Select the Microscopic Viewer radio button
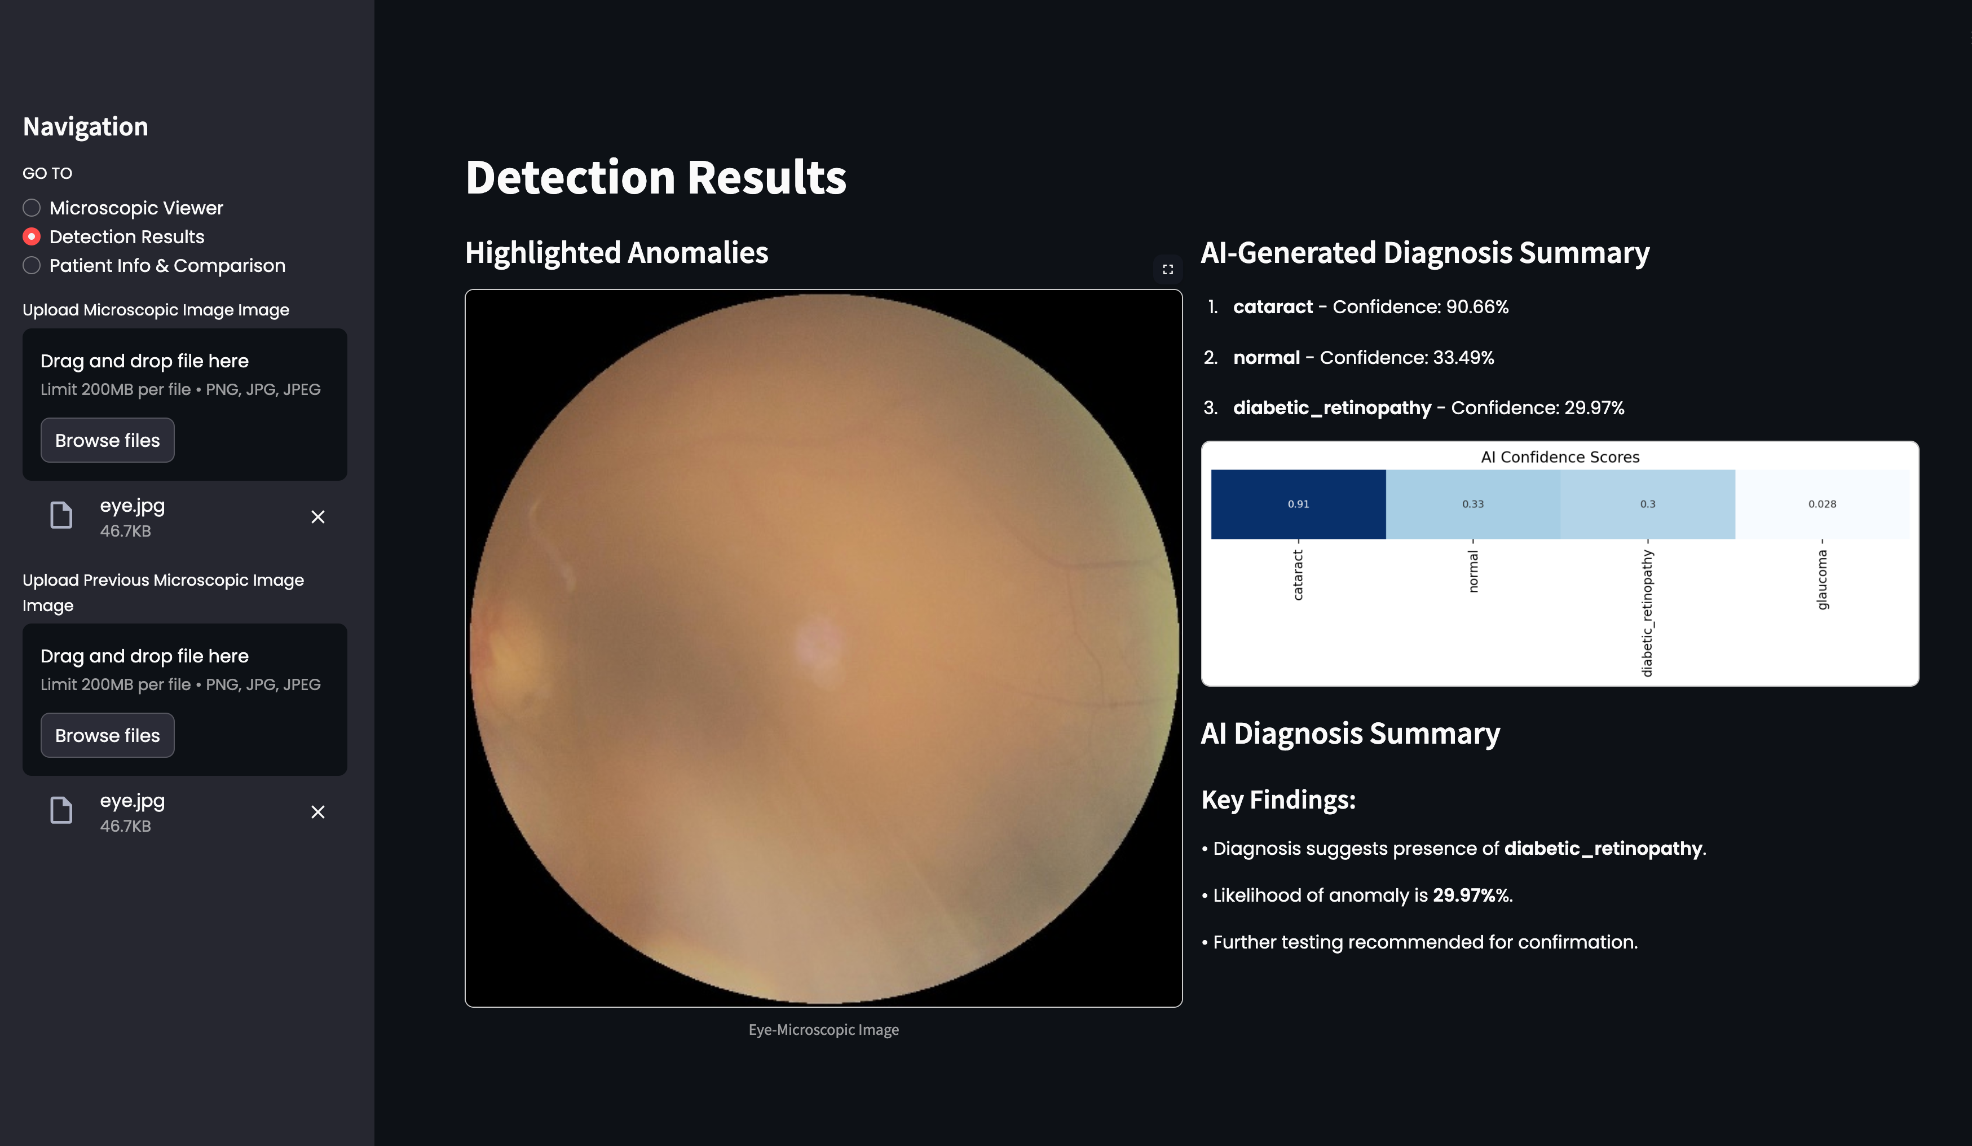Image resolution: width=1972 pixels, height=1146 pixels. coord(32,208)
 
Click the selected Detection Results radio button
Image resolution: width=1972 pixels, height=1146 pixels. coord(32,236)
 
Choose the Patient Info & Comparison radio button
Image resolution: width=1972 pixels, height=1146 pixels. coord(32,265)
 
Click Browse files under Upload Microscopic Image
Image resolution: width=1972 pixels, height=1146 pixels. coord(107,440)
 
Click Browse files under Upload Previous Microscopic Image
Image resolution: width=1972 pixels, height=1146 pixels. coord(107,735)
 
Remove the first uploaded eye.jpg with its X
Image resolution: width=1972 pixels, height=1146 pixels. coord(317,517)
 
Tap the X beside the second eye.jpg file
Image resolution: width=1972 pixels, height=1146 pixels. coord(317,812)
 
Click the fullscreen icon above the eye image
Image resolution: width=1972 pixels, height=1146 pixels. coord(1167,269)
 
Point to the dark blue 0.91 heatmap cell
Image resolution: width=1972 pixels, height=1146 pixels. coord(1298,504)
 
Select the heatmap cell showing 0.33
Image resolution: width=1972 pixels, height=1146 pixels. coord(1473,504)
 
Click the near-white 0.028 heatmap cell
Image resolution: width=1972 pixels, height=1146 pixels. coord(1822,504)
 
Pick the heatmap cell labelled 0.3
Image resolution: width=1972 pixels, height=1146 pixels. coord(1647,504)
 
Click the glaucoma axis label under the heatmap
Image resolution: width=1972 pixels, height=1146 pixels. coord(1822,579)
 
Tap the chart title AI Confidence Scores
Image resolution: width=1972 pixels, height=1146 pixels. coord(1560,457)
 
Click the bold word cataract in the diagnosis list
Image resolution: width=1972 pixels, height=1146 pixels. coord(1272,307)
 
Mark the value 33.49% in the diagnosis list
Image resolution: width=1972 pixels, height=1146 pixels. coord(1463,358)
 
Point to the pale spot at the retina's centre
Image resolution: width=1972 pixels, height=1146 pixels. coord(819,646)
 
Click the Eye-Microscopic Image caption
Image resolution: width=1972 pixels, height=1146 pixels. coord(823,1029)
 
